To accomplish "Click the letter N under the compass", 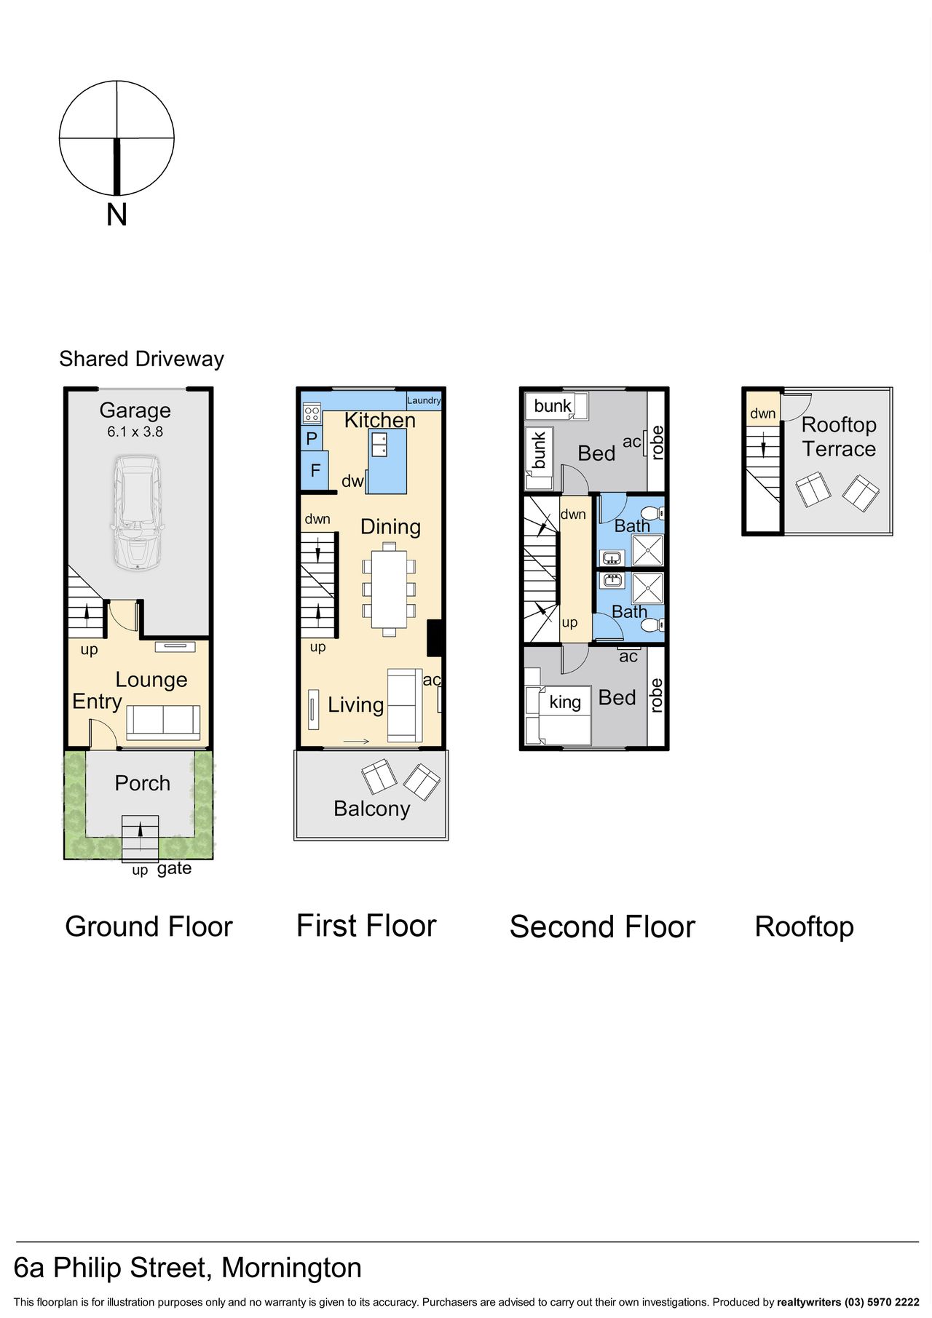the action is tap(116, 215).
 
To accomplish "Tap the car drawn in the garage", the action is tap(136, 512).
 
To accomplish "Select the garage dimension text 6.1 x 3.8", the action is tap(135, 432).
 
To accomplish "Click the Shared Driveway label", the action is tap(141, 359).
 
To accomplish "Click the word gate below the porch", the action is tap(175, 868).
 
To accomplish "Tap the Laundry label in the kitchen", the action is tap(424, 400).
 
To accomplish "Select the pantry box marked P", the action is tap(312, 439).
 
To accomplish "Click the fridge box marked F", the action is tap(315, 470).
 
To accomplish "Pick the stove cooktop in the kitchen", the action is tap(312, 414).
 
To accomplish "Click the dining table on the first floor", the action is tap(389, 589).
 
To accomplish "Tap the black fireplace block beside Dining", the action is tap(435, 638).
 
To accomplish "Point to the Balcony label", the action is tap(372, 809).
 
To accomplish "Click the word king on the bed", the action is tap(565, 702).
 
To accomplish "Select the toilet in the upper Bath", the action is tap(652, 512).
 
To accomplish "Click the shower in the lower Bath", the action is tap(647, 589).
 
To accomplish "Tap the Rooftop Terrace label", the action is tap(839, 437).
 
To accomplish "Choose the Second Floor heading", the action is tap(602, 926).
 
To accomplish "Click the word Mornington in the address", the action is tap(291, 1268).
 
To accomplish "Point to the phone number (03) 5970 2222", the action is tap(882, 1302).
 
